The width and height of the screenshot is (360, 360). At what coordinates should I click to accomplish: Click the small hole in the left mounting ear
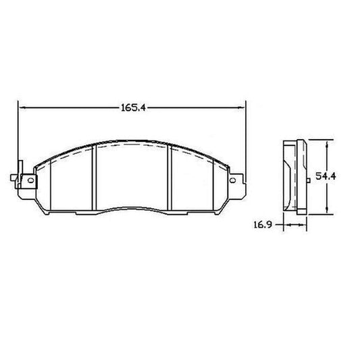[28, 180]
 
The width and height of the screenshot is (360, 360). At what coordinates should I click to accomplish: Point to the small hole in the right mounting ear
[234, 180]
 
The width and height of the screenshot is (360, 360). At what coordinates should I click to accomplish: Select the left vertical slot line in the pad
[96, 179]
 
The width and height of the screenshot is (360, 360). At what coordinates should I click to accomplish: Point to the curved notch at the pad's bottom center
[132, 209]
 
